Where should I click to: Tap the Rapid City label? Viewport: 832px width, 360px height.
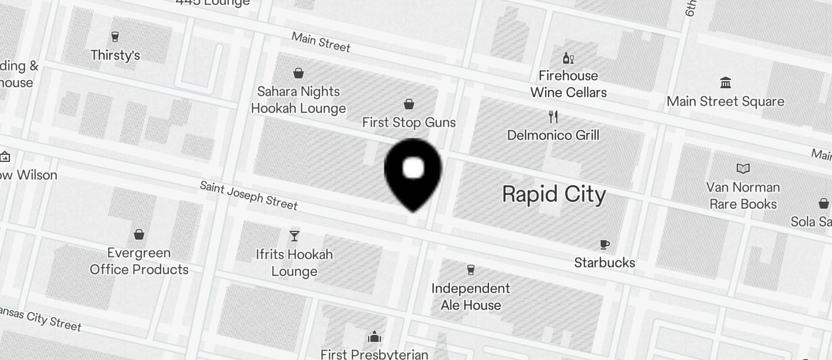click(554, 194)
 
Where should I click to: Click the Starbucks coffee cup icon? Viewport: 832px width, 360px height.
click(605, 244)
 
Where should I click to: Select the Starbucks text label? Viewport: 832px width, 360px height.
click(605, 262)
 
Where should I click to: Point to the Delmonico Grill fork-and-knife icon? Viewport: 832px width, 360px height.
click(553, 117)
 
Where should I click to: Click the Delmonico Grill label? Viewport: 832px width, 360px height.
click(553, 135)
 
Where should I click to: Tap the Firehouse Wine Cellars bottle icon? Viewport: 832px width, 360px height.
click(568, 58)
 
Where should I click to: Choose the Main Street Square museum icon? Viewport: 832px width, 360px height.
click(726, 83)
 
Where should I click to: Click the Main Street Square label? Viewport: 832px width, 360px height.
click(726, 101)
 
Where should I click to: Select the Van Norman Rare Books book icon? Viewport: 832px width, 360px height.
click(743, 169)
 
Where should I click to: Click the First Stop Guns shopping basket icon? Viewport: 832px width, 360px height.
click(409, 104)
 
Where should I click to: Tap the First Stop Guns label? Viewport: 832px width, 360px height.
click(409, 122)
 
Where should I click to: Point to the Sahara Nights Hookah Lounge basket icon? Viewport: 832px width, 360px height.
click(299, 73)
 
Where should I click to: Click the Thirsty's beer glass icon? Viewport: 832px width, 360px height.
click(115, 37)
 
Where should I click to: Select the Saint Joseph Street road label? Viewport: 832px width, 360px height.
click(249, 195)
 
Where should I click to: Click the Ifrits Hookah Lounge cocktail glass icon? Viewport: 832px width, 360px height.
click(294, 236)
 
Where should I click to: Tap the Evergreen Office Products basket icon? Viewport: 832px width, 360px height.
click(139, 234)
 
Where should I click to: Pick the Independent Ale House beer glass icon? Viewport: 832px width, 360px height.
click(471, 270)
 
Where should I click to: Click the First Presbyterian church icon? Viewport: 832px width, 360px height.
click(375, 337)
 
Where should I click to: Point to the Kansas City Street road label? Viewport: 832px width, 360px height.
click(41, 319)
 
